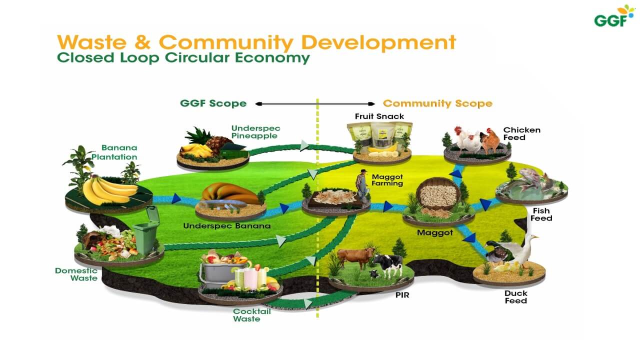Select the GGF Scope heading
(213, 103)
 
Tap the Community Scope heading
(437, 103)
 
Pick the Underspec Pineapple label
(254, 132)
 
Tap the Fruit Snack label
(379, 116)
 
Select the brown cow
(354, 257)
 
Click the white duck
(523, 250)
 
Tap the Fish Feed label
(542, 214)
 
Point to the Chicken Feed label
(521, 133)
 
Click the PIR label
(402, 295)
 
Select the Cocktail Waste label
(251, 315)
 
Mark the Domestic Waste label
(76, 274)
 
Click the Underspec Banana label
(226, 225)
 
